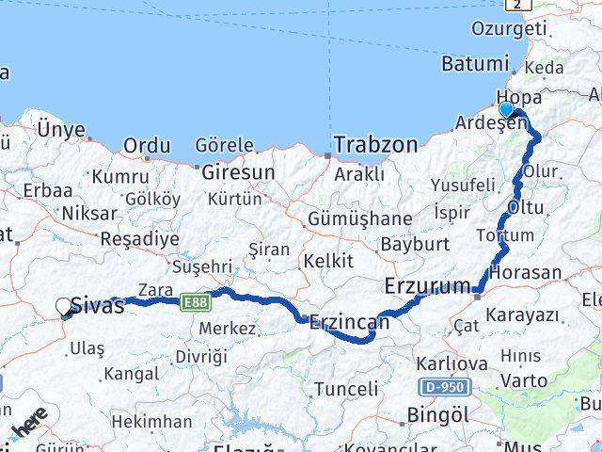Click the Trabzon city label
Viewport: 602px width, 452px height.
[375, 145]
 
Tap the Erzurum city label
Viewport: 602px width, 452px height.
[429, 285]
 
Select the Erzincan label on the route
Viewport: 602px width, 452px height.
[349, 323]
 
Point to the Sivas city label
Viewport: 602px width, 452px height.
[98, 305]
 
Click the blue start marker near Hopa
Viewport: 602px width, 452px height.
[507, 110]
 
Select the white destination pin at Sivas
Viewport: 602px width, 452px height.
[64, 307]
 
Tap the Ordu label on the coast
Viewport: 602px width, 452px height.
[148, 146]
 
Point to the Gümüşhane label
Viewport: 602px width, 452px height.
[359, 219]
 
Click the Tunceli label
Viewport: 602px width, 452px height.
[346, 389]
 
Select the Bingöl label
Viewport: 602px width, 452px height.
[437, 414]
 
